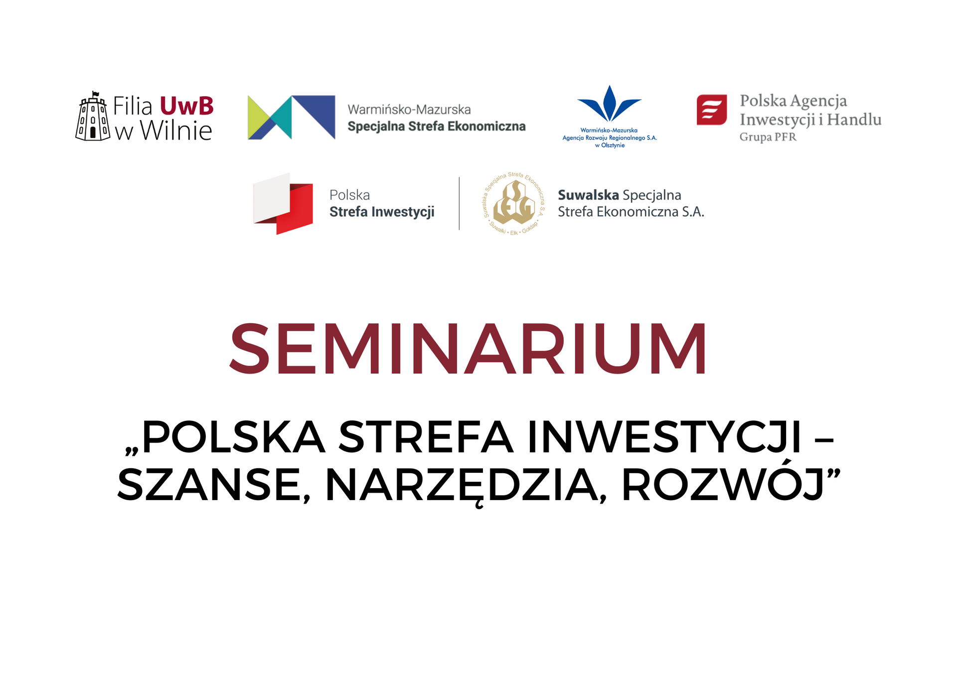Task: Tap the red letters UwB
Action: pyautogui.click(x=187, y=106)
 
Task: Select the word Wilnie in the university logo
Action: pyautogui.click(x=176, y=131)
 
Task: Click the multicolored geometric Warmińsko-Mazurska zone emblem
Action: pyautogui.click(x=292, y=118)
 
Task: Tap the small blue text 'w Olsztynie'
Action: pyautogui.click(x=610, y=145)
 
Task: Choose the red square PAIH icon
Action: pyautogui.click(x=712, y=110)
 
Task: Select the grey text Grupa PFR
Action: pyautogui.click(x=768, y=137)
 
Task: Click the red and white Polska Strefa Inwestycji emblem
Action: pyautogui.click(x=283, y=203)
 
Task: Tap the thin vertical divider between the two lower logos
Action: pyautogui.click(x=459, y=203)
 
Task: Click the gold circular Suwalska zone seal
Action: pyautogui.click(x=514, y=203)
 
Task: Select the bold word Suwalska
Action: pyautogui.click(x=588, y=195)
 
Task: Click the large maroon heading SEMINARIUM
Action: pyautogui.click(x=468, y=348)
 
